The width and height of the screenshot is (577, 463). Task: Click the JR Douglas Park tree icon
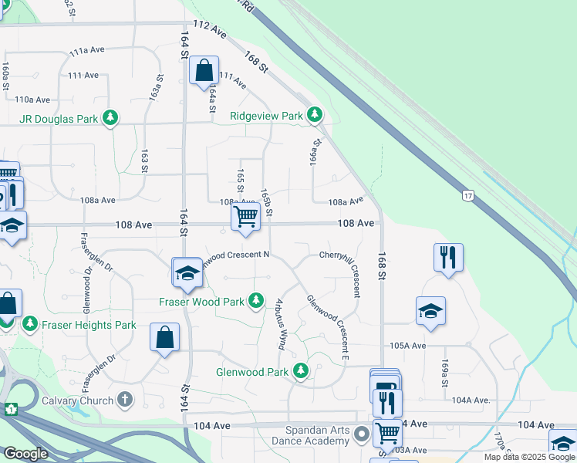111,118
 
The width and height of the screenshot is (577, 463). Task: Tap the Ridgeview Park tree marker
314,115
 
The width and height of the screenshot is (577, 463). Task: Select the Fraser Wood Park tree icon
257,301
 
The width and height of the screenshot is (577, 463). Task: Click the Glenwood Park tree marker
301,371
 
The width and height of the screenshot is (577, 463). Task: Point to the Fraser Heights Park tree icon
30,324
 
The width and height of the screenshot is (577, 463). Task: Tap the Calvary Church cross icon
126,400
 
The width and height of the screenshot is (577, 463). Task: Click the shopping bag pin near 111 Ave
204,72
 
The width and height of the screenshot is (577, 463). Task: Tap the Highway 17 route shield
467,196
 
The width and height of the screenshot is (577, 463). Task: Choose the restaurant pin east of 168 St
448,257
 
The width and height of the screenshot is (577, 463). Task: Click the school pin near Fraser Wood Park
187,273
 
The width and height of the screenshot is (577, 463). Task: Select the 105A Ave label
408,346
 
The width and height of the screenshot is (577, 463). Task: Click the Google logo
25,454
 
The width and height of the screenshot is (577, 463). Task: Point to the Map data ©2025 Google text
529,457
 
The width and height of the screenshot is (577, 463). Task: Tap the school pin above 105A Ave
430,311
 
